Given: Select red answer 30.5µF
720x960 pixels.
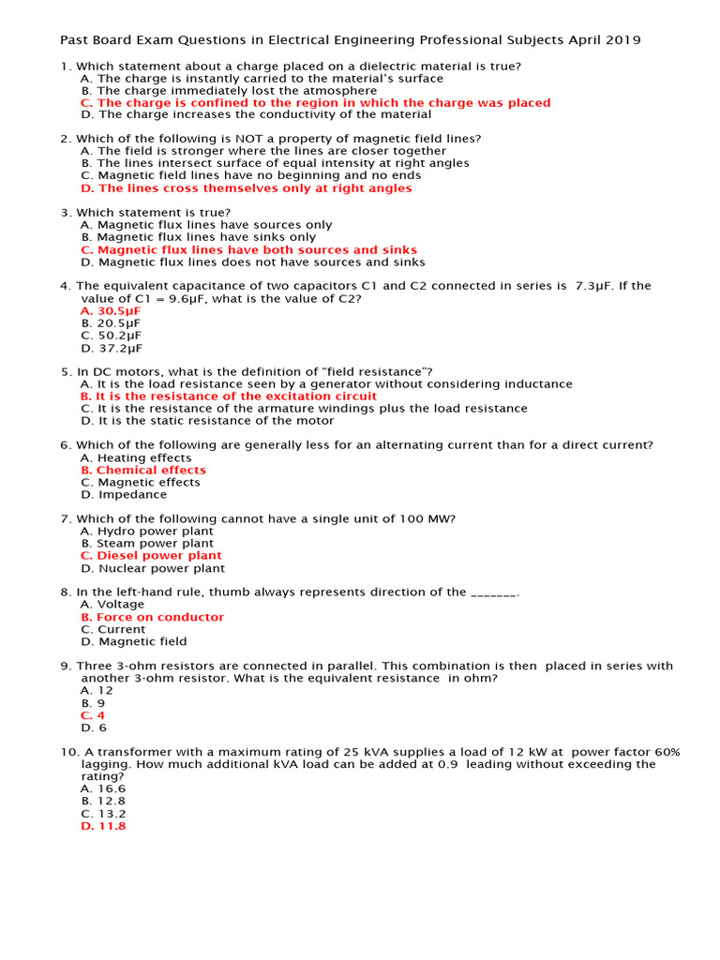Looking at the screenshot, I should (111, 310).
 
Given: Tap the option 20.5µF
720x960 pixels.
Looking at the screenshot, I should (111, 322).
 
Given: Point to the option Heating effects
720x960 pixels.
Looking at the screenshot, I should (136, 457).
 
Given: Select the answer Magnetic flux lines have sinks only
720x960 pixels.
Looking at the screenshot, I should (199, 237).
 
